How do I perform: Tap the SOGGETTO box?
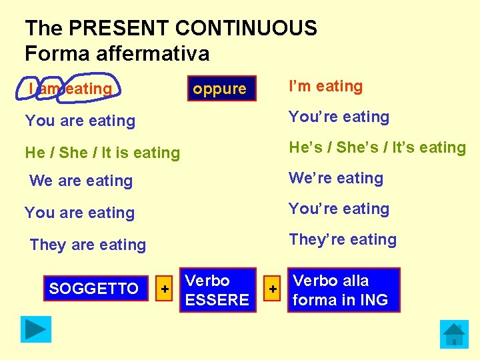click(x=94, y=289)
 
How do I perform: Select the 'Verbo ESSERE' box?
click(x=217, y=290)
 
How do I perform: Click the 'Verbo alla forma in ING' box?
click(x=344, y=290)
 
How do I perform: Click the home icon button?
click(x=454, y=333)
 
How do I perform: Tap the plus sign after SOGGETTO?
click(x=164, y=289)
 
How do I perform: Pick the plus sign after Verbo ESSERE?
click(x=271, y=289)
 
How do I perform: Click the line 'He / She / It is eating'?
click(x=103, y=153)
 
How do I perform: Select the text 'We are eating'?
click(x=81, y=181)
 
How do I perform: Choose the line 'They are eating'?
click(x=88, y=245)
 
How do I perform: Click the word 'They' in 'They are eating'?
click(x=47, y=245)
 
